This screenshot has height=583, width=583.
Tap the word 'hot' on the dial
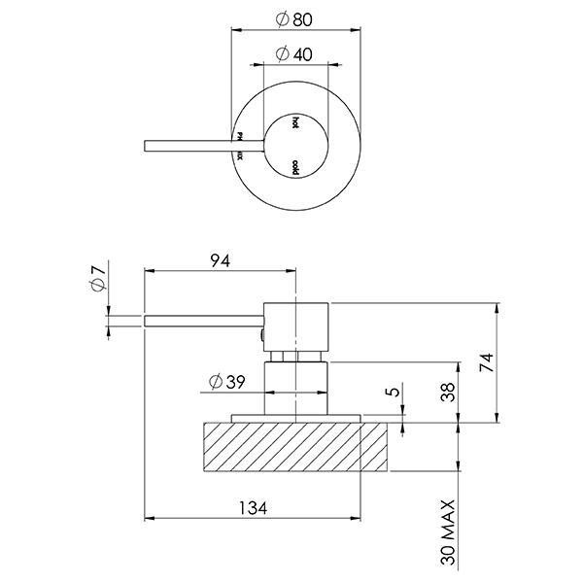[x=295, y=123]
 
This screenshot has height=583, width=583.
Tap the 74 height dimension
[x=488, y=362]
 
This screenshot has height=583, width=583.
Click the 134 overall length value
[x=253, y=506]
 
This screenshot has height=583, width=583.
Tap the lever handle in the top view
[x=189, y=146]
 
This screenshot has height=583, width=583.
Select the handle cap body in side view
[x=297, y=326]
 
